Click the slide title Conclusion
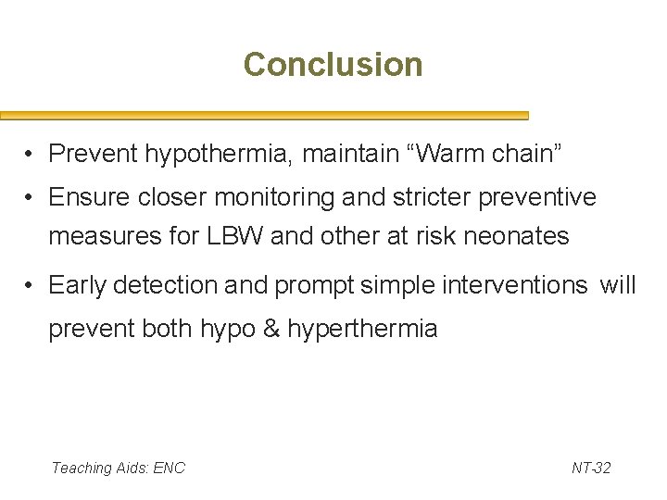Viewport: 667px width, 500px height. [333, 65]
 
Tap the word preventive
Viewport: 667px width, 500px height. [544, 198]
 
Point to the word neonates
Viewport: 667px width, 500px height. [514, 237]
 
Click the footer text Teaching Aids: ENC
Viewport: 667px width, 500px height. [118, 469]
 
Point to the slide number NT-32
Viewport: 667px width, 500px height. [591, 469]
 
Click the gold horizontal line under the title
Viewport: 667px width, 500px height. [264, 117]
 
